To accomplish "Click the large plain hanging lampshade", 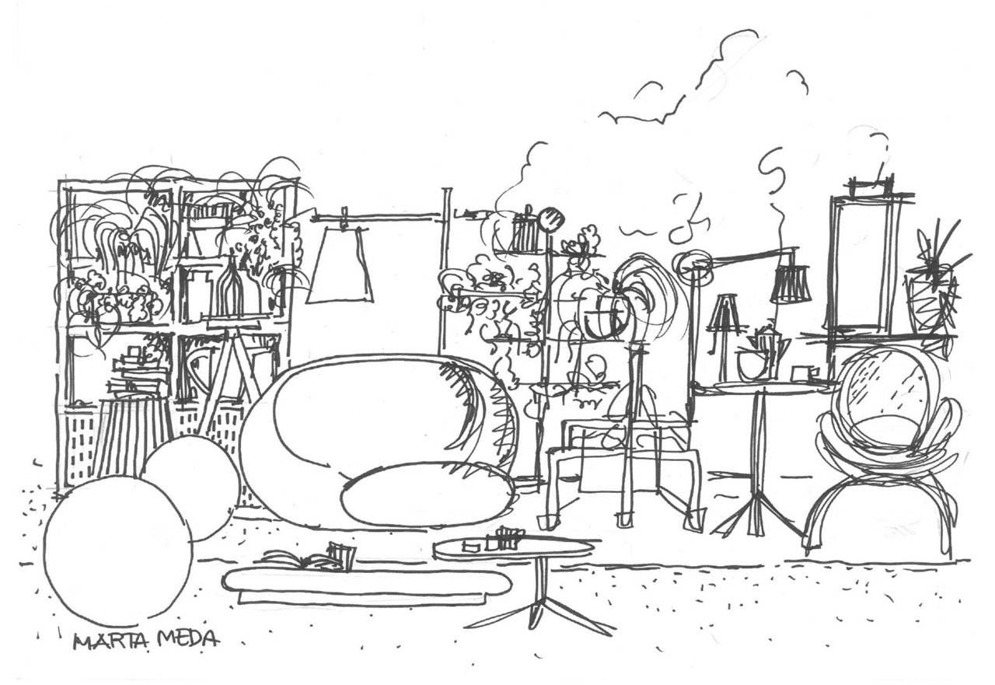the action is [340, 264].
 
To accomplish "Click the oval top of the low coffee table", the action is [514, 550].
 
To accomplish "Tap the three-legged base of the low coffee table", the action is [539, 609].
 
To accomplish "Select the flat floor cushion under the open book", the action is [368, 584].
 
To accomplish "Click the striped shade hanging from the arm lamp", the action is [791, 284].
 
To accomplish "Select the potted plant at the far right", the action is [933, 285].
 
